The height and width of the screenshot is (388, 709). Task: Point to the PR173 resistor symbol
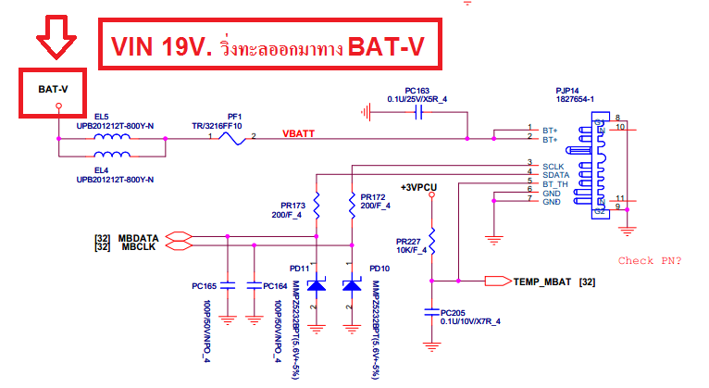[x=317, y=203]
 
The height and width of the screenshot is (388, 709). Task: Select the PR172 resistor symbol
[x=352, y=203]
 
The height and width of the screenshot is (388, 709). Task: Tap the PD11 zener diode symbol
[x=317, y=286]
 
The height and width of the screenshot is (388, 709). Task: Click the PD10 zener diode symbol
[x=352, y=286]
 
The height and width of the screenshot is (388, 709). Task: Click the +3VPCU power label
[x=418, y=187]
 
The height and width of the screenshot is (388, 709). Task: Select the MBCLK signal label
[x=137, y=247]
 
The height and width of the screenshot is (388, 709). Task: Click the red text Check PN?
[x=649, y=260]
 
